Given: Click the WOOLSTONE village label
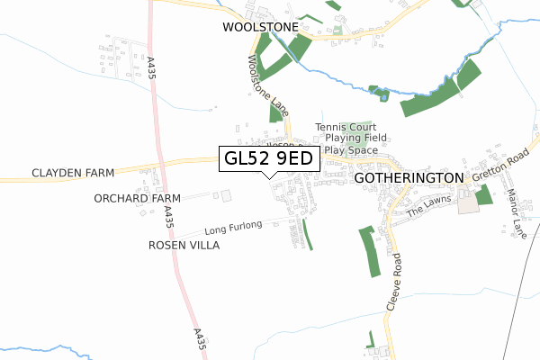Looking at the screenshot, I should point(260,28).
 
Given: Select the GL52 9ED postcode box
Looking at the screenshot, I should point(269,158).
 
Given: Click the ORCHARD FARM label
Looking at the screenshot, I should point(136,198).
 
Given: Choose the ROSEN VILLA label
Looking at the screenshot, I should point(184,245).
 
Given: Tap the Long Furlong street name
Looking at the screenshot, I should point(232,225).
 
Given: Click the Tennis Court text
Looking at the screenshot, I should point(346,128).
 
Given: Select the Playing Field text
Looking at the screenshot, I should point(355,139).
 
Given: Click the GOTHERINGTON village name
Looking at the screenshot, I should point(409,178).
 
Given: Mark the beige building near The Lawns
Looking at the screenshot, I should point(469,204).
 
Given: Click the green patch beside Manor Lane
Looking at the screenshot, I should point(485,194).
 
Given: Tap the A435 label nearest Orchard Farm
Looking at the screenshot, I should point(168,216).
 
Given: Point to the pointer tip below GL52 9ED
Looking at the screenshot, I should point(269,177).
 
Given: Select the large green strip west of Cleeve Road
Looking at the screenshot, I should point(370,251).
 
